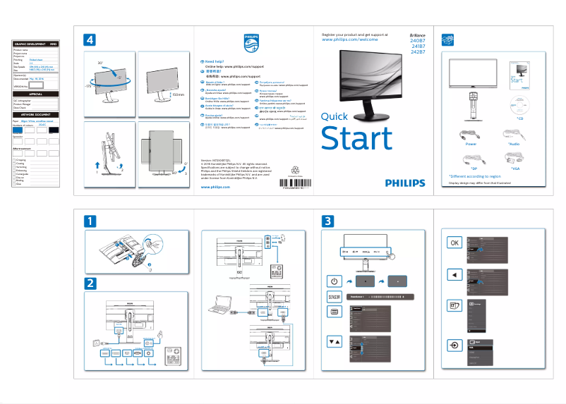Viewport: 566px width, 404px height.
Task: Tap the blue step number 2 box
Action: pos(90,283)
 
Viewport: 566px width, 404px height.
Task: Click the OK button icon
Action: pos(454,243)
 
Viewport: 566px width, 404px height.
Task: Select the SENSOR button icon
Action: pos(334,297)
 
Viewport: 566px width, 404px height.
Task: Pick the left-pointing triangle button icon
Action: pos(454,274)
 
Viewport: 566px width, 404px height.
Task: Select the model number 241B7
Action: pos(417,47)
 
